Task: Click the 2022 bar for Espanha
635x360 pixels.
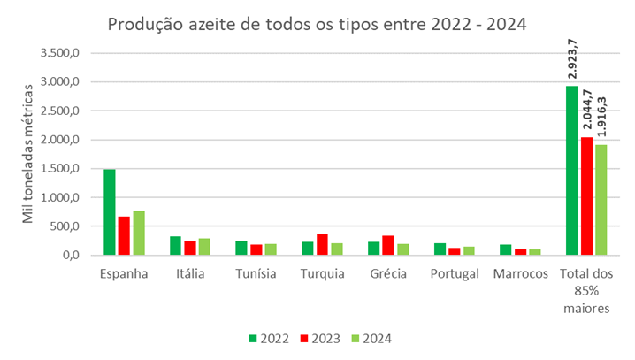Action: (x=110, y=212)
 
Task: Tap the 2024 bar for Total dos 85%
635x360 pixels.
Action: (x=601, y=200)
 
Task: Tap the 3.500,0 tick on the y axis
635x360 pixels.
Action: (x=61, y=53)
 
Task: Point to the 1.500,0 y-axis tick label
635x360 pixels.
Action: (x=61, y=168)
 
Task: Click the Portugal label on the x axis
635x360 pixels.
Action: (x=455, y=273)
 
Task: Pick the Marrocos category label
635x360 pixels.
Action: (x=522, y=273)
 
